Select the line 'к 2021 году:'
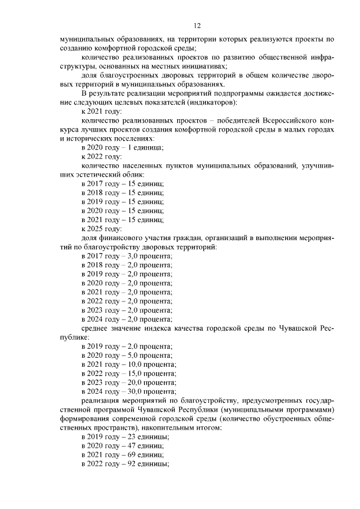101,112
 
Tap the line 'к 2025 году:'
101,228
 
